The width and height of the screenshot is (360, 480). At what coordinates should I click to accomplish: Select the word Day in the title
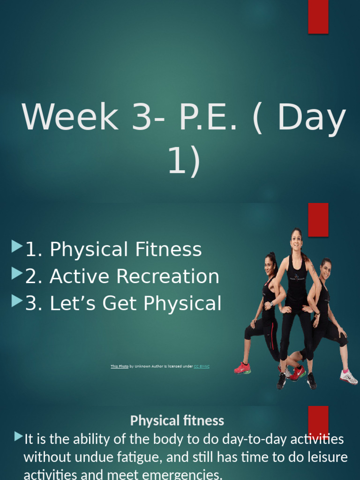tap(312, 118)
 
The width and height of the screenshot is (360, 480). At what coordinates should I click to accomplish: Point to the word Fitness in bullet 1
tap(168, 249)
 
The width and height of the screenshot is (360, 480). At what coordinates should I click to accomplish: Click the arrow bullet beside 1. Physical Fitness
tap(17, 246)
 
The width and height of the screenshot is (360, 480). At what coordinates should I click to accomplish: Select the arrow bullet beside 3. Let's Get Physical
tap(17, 300)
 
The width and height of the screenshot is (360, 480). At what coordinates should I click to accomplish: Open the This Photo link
tap(119, 366)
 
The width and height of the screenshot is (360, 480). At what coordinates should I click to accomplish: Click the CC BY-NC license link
tap(202, 366)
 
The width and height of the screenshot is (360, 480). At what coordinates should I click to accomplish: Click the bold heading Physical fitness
tap(177, 420)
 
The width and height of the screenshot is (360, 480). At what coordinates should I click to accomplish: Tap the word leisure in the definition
tap(325, 457)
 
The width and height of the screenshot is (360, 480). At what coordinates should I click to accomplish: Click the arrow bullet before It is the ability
tap(18, 437)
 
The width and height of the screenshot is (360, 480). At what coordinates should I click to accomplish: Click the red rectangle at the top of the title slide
tap(318, 17)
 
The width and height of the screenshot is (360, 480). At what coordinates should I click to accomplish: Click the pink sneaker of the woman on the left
tap(242, 368)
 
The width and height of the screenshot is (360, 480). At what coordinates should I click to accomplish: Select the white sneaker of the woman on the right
tap(349, 377)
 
